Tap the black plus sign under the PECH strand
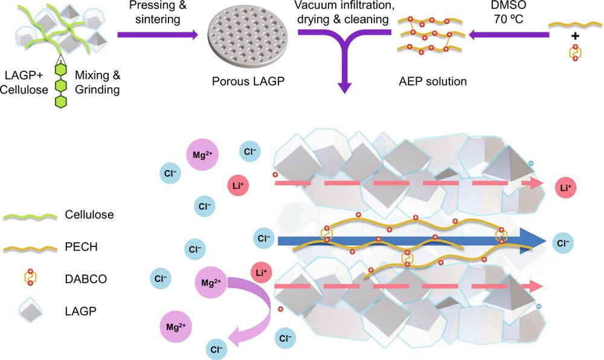(x=575, y=36)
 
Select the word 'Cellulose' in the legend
(x=89, y=214)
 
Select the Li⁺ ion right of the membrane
(x=566, y=188)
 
